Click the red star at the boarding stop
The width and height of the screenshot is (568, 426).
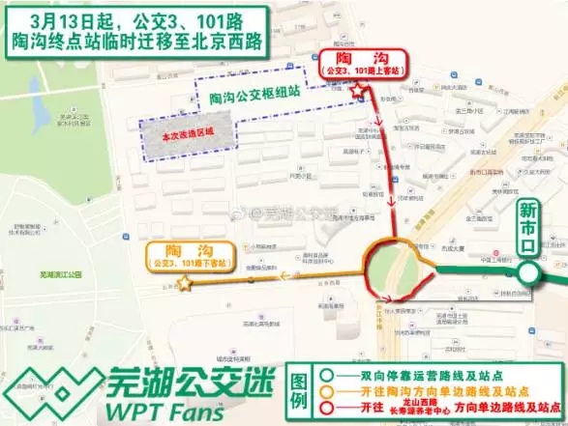[x=360, y=91]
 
